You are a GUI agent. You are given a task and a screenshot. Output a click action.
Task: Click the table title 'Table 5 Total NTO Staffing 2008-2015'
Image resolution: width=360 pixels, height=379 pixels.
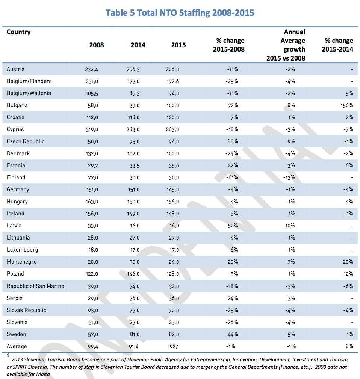tap(180, 13)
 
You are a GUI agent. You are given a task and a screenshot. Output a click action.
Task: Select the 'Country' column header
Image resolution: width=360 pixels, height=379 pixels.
tap(19, 32)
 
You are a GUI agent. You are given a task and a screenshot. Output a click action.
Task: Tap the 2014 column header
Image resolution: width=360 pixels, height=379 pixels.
tap(138, 45)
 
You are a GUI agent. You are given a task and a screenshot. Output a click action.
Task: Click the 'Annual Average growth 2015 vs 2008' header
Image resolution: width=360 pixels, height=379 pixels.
tap(286, 45)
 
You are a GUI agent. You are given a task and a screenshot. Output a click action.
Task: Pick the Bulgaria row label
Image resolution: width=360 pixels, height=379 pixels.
tap(17, 105)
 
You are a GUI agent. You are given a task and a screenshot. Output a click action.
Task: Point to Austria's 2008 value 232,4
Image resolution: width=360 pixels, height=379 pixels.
tap(91, 69)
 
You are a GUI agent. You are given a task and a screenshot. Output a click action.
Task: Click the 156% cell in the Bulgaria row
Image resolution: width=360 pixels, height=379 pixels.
tap(347, 105)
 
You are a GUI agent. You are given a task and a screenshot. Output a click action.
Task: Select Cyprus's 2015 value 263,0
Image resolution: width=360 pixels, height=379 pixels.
tap(172, 130)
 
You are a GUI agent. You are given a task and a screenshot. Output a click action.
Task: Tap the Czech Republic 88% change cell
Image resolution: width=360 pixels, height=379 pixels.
tap(233, 141)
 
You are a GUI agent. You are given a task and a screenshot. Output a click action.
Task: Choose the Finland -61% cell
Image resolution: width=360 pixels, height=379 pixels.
tap(232, 177)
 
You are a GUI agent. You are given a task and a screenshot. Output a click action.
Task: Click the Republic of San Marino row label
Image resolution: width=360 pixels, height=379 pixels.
tap(35, 286)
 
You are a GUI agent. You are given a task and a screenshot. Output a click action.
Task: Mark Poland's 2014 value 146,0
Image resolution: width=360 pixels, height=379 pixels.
tap(133, 274)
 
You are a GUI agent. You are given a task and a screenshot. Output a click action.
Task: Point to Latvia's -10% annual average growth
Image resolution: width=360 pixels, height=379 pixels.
tap(289, 226)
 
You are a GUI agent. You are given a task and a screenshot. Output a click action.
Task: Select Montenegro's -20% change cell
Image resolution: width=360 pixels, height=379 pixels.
tap(347, 262)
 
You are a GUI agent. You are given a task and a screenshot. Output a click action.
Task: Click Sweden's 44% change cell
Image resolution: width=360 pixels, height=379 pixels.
tap(233, 335)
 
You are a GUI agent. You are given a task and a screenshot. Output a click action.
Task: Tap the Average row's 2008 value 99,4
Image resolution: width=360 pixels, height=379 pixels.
tap(93, 347)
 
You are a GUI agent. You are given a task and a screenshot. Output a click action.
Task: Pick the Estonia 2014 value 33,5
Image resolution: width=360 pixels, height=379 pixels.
tap(134, 166)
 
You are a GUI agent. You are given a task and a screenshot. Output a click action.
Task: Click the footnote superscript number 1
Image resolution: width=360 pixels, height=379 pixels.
tap(8, 356)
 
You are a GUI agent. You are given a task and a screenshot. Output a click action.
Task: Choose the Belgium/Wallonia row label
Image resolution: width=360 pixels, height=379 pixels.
tap(29, 93)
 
